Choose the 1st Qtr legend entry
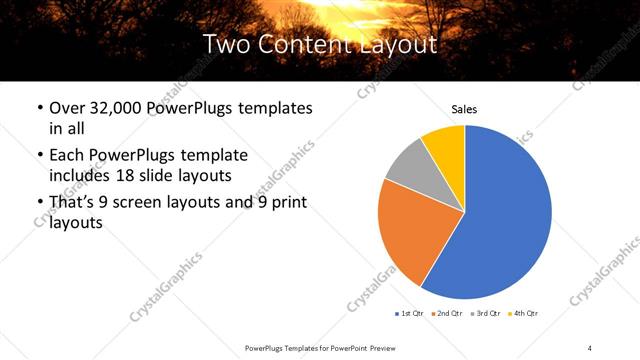coord(409,314)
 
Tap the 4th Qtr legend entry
coord(524,314)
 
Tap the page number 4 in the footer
coord(590,347)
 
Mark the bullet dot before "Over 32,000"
coord(39,108)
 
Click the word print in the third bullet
coord(285,204)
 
